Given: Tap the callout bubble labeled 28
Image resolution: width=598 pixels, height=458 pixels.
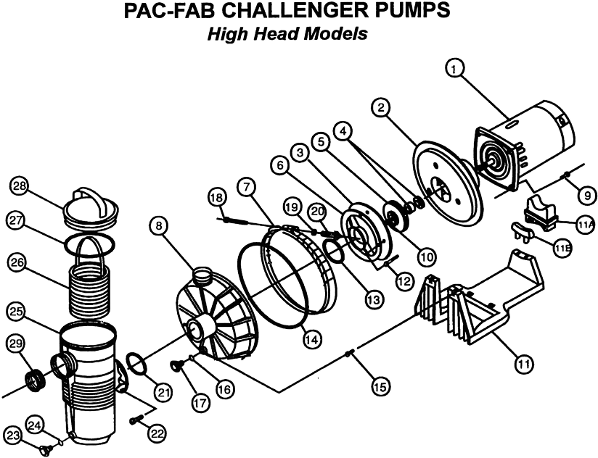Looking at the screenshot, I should click(21, 186).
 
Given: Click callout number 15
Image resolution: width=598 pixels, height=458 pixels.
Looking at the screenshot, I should click(379, 386).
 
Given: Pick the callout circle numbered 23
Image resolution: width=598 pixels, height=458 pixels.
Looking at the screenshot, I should click(12, 434).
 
